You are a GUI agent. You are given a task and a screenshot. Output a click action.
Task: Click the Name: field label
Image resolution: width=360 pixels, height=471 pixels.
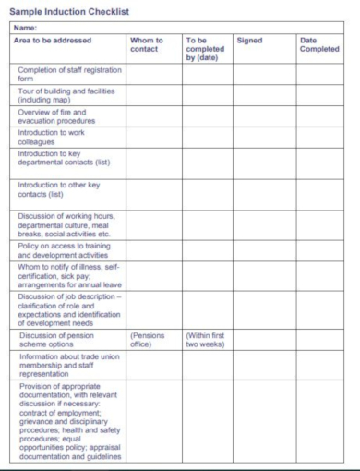25,28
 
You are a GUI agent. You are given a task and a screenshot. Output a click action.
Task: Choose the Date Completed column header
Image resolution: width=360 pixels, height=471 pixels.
319,45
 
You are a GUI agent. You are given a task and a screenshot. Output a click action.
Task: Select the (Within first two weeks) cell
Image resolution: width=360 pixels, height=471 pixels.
205,340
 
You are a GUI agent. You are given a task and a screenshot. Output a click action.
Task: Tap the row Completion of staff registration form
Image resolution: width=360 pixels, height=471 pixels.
61,74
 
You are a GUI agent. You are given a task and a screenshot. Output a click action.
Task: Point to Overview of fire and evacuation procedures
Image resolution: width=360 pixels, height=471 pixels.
57,115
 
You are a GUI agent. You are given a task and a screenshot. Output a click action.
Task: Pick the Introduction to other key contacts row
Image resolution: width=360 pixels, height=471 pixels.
59,189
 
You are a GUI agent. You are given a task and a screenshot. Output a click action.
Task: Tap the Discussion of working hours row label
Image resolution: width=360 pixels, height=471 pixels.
66,225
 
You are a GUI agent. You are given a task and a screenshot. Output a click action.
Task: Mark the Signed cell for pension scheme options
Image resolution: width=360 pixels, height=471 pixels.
259,340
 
